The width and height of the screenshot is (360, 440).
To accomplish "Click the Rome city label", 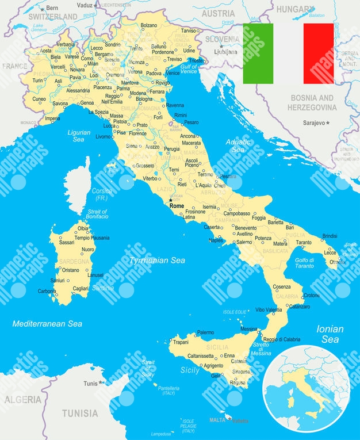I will (x=177, y=205).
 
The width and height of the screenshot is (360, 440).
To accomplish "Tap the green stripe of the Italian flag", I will (x=258, y=53).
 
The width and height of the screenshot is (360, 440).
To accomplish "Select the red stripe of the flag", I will (x=318, y=53).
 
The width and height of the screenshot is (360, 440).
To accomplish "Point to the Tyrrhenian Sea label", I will (x=157, y=261).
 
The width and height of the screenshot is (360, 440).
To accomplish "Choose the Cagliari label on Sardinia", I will (x=81, y=288).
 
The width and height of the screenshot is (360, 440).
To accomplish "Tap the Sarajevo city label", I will (x=315, y=123).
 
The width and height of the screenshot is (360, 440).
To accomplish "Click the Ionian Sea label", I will (x=330, y=334).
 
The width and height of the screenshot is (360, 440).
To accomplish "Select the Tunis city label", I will (x=91, y=383).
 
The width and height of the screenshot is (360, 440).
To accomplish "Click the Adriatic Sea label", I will (x=238, y=145).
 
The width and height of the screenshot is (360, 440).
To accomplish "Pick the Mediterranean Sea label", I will (x=47, y=324).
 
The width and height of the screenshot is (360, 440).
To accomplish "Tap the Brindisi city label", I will (x=330, y=236).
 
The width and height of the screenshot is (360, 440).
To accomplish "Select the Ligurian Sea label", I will (x=79, y=136).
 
